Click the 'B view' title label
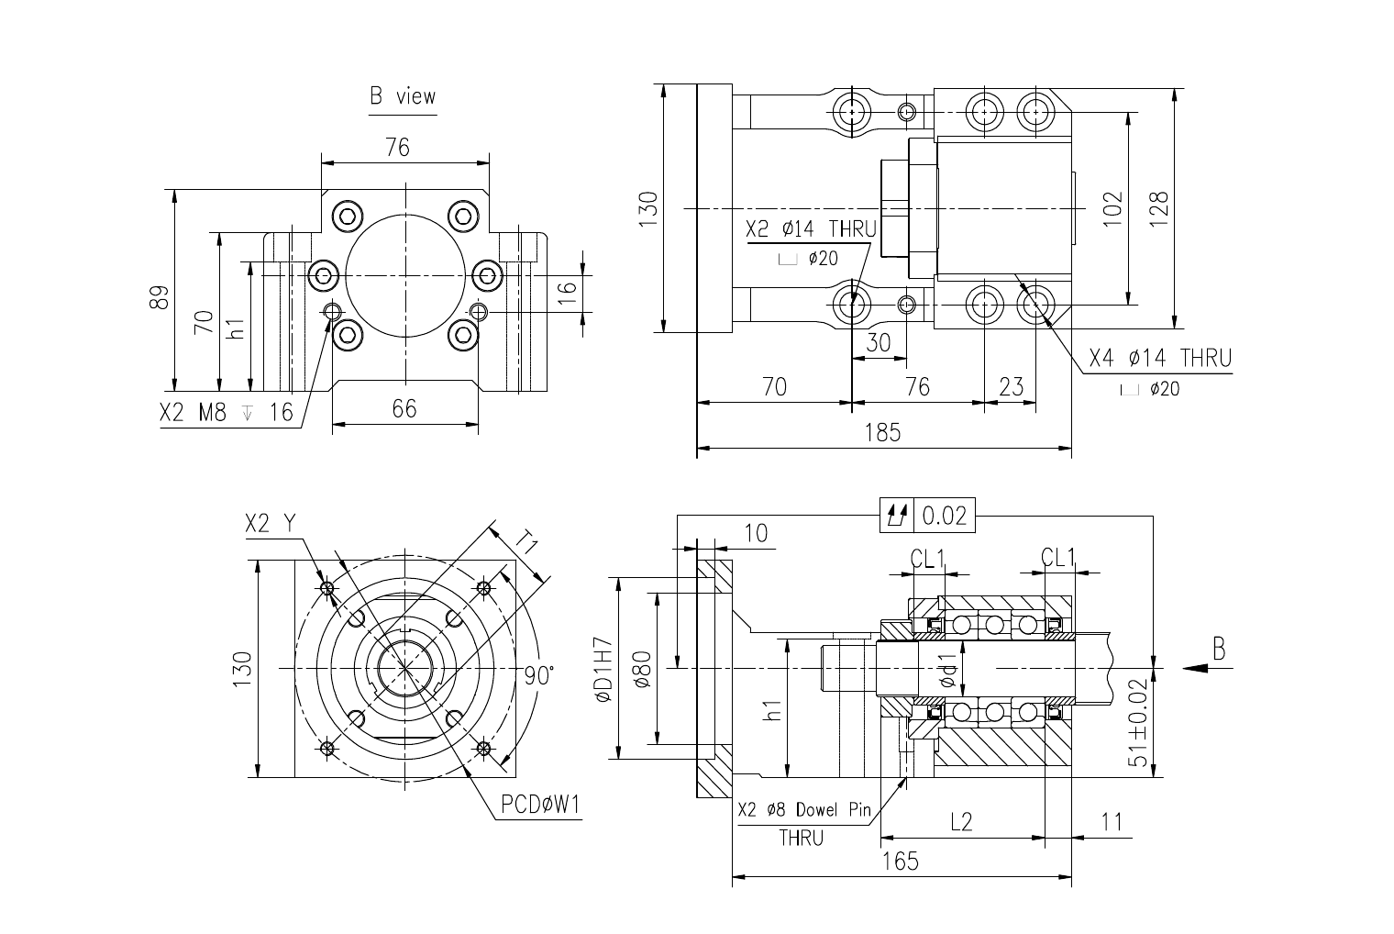click(x=403, y=96)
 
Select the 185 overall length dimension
click(x=882, y=432)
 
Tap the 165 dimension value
click(x=900, y=862)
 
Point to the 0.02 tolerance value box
click(x=944, y=516)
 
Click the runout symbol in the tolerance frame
click(x=897, y=516)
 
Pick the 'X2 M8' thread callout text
click(x=193, y=412)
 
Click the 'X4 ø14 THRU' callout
click(x=1160, y=358)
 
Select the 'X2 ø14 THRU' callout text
click(x=811, y=229)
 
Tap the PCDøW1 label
click(x=540, y=806)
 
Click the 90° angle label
click(x=539, y=675)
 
